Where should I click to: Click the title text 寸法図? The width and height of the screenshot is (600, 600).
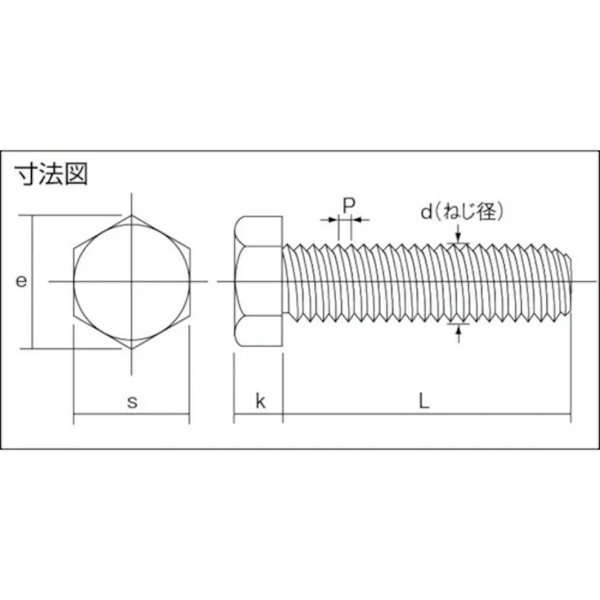click(51, 174)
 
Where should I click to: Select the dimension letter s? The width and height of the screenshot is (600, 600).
click(131, 401)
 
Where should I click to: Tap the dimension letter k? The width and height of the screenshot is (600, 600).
click(260, 401)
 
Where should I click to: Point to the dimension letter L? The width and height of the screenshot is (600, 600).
click(425, 401)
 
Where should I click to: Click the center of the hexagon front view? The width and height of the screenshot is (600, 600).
click(131, 281)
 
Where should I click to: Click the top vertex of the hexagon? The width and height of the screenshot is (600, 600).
click(131, 215)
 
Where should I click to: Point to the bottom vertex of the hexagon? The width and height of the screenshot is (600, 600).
click(131, 348)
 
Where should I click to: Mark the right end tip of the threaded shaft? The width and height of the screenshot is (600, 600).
click(574, 281)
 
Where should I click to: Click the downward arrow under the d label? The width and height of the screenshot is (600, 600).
click(458, 241)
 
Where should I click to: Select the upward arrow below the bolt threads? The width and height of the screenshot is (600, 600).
click(458, 327)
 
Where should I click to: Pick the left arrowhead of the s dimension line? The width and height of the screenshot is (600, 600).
click(78, 414)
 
